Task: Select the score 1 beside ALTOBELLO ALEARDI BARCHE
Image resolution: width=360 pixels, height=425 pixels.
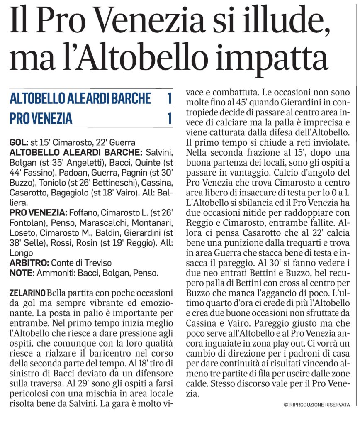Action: click(169, 99)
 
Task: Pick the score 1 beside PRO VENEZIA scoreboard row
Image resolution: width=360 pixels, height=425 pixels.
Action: click(169, 118)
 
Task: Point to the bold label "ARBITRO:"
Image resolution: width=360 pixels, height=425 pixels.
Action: click(29, 263)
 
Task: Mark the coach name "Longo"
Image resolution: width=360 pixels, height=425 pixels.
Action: click(21, 253)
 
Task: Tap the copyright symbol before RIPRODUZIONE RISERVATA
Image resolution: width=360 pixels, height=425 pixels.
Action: click(286, 404)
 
